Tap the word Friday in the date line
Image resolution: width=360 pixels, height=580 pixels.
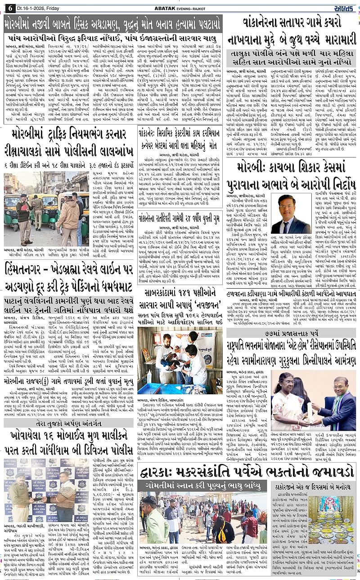(x=49, y=7)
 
